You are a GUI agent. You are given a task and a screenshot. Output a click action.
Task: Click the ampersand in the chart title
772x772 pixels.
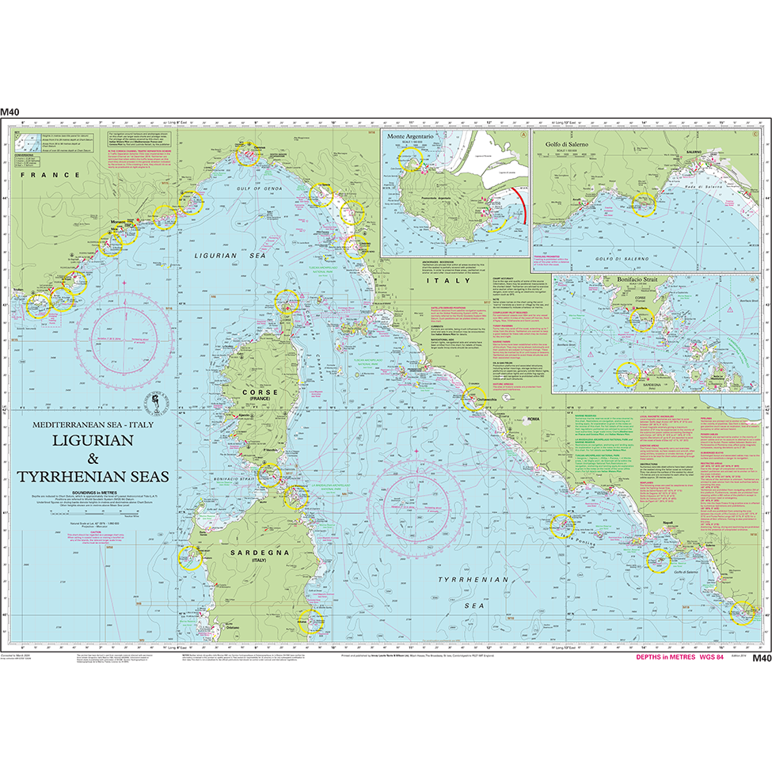click(92, 460)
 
